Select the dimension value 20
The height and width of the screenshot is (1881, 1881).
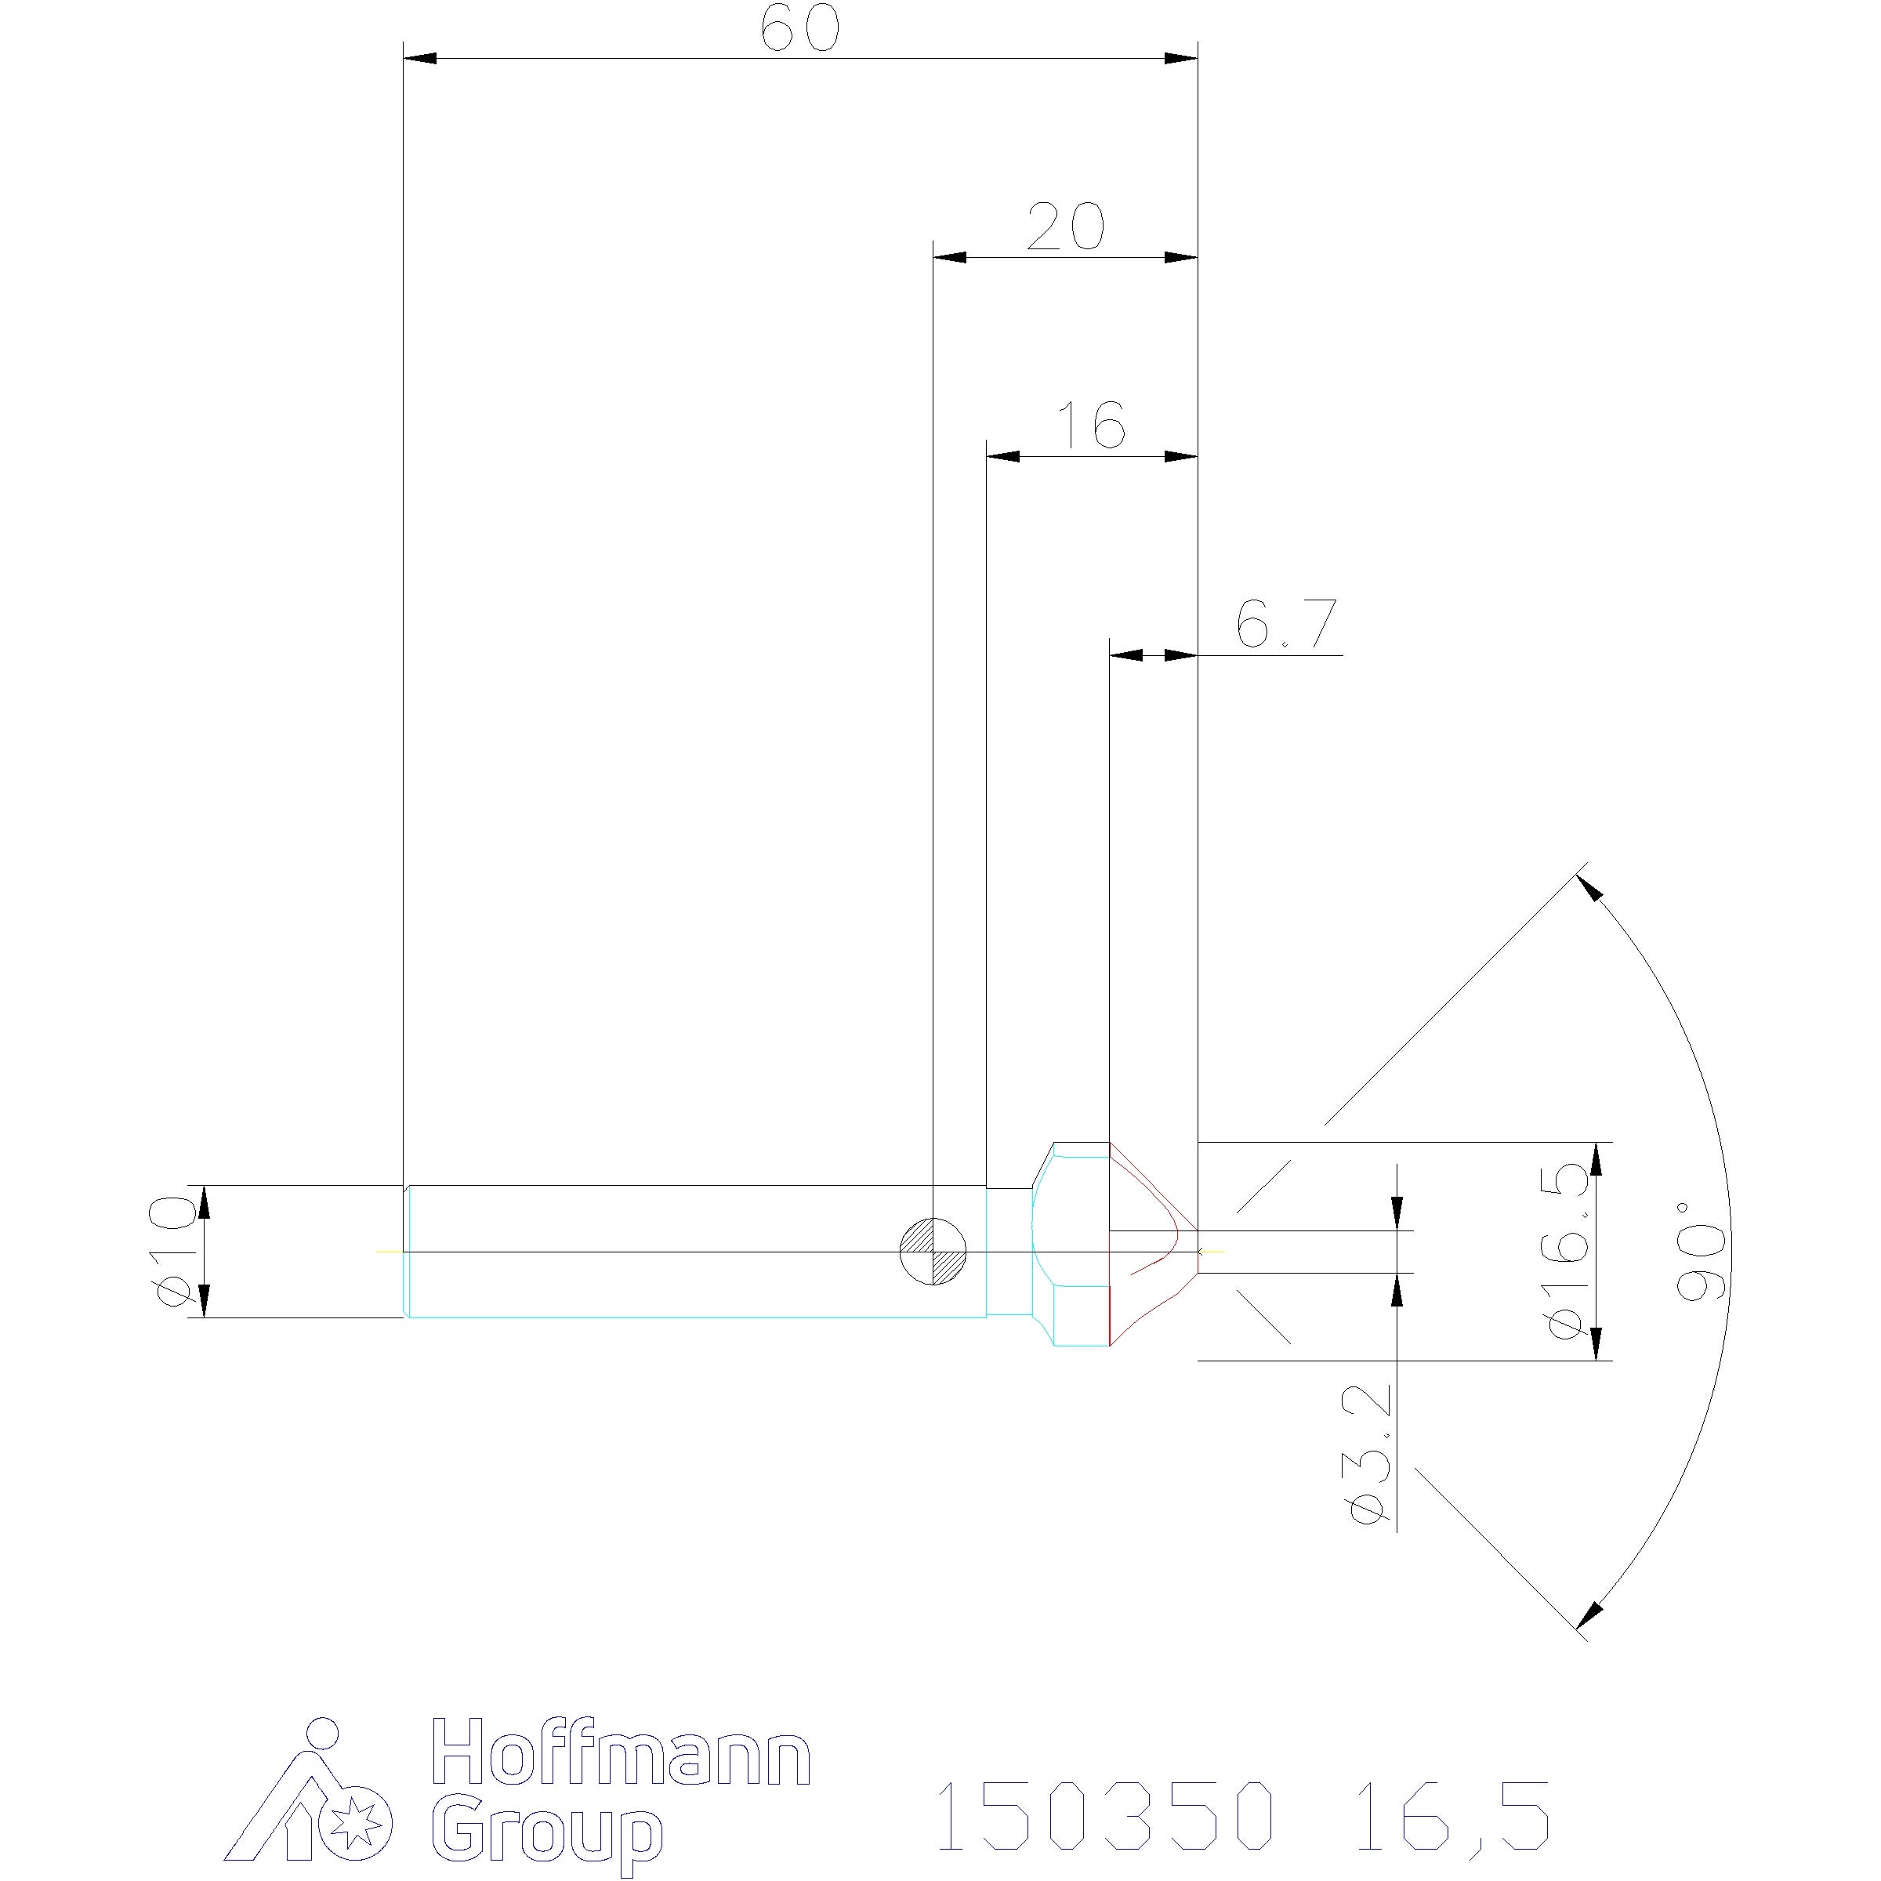(x=1065, y=227)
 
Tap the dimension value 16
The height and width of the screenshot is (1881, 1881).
(x=1092, y=425)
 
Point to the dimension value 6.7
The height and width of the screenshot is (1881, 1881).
(x=1287, y=623)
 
